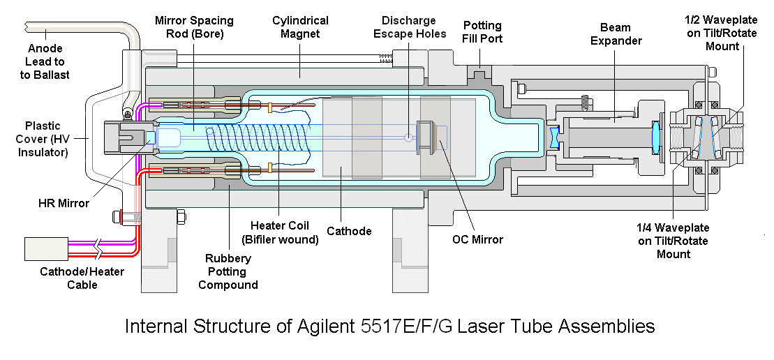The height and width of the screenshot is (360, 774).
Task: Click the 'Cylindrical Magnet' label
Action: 300,27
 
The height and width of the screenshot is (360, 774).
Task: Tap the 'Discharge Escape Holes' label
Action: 410,27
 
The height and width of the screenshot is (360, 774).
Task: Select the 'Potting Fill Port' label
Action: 482,31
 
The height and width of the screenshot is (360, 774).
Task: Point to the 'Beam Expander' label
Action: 616,33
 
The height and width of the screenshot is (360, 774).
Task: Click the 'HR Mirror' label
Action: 64,203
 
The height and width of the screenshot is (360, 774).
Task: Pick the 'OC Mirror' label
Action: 477,240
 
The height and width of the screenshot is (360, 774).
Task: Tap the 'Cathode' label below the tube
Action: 350,231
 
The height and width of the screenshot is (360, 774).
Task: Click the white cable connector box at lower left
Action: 46,248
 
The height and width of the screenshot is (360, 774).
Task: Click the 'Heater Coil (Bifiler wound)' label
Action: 279,233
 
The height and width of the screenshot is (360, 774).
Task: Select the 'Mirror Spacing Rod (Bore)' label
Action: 194,28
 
